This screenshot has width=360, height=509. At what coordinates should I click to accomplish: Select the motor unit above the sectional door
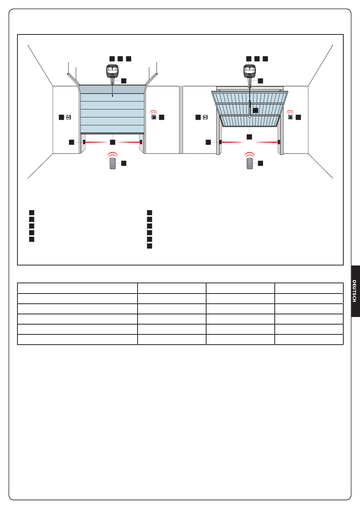pos(112,71)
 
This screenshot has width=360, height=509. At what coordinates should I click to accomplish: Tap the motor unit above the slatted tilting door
pos(249,71)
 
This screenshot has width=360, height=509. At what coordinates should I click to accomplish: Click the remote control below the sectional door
pos(113,163)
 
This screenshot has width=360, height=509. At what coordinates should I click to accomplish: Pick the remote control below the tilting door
pos(250,163)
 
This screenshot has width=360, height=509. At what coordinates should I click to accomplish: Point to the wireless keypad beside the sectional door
pos(154,117)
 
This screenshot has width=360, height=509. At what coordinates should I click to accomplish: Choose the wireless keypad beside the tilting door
pos(290,117)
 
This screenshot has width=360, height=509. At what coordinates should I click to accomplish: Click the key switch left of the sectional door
pos(69,117)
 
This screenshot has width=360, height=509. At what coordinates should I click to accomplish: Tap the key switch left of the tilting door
pos(205,117)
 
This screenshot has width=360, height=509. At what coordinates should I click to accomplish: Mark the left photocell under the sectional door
pos(84,142)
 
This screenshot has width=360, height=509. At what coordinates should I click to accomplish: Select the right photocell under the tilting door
pos(279,142)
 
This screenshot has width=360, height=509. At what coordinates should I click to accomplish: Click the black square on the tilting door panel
pos(255,110)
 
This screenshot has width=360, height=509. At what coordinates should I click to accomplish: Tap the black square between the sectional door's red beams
pos(113,142)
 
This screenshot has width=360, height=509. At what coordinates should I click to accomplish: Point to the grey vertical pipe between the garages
pos(181,120)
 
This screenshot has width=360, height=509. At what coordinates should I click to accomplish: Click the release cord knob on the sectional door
pos(112,96)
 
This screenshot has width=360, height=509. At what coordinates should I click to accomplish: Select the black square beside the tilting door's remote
pos(260,163)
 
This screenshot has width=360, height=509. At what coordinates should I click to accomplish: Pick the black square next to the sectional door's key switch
pos(61,117)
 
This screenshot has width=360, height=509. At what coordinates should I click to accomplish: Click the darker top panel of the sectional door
pos(112,89)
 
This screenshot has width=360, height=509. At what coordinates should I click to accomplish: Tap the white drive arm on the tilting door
pos(249,109)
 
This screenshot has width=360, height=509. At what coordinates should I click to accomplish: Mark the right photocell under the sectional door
pos(141,142)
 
